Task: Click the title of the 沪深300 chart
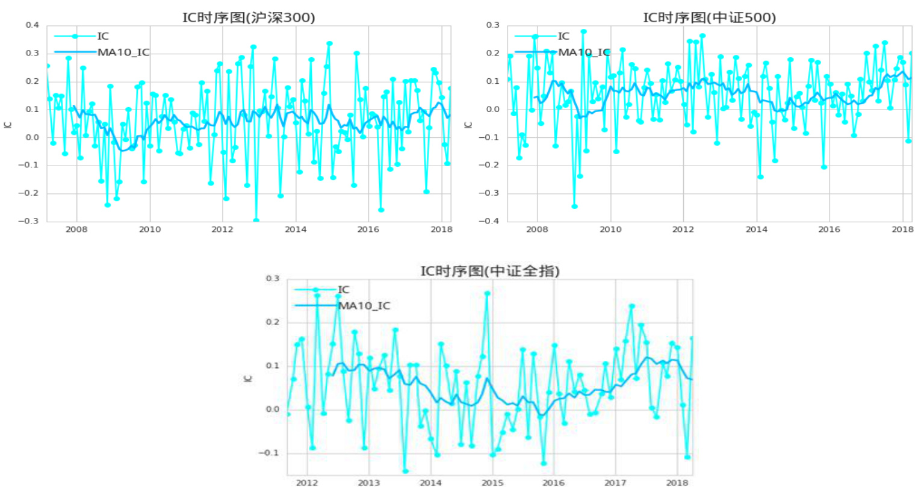pyautogui.click(x=249, y=17)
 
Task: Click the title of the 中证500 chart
pyautogui.click(x=709, y=17)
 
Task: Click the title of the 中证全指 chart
pyautogui.click(x=489, y=271)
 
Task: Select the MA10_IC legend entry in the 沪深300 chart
pyautogui.click(x=123, y=52)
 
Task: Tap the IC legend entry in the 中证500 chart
pyautogui.click(x=563, y=36)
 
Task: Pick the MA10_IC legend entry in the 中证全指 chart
pyautogui.click(x=364, y=306)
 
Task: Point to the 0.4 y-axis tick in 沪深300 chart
pyautogui.click(x=33, y=25)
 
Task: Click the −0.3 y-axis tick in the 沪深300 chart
pyautogui.click(x=29, y=221)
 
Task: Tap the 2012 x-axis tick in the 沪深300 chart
pyautogui.click(x=222, y=229)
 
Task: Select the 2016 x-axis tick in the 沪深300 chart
pyautogui.click(x=368, y=229)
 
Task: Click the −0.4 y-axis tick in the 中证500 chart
pyautogui.click(x=489, y=221)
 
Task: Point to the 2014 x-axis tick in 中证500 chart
pyautogui.click(x=756, y=229)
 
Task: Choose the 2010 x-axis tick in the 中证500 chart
pyautogui.click(x=610, y=229)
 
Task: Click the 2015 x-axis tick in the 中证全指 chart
pyautogui.click(x=492, y=483)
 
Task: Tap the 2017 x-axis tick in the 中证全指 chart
pyautogui.click(x=615, y=483)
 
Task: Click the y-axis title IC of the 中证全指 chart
pyautogui.click(x=247, y=378)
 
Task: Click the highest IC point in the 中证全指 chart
pyautogui.click(x=488, y=294)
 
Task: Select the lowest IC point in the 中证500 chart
pyautogui.click(x=574, y=207)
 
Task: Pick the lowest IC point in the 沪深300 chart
pyautogui.click(x=256, y=220)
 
